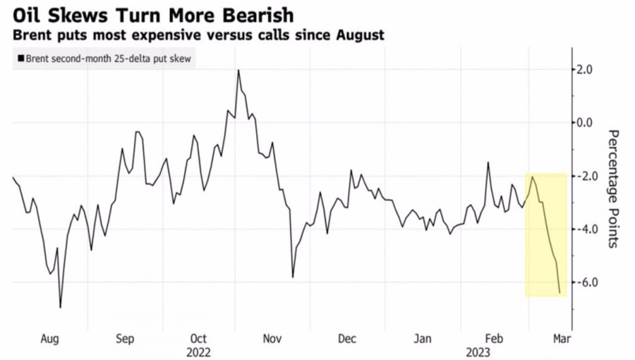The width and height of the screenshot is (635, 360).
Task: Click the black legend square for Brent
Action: point(20,59)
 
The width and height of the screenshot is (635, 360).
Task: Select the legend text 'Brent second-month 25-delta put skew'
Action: point(107,59)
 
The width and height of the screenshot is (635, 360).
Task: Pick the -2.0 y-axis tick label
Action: point(588,176)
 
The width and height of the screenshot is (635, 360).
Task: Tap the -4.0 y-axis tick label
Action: point(588,229)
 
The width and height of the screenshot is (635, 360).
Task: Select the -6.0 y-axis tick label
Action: point(588,282)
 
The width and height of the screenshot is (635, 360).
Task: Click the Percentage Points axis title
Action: point(613,188)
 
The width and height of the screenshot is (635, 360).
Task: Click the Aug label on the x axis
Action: point(49,339)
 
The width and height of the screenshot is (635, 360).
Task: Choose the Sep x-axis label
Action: point(125,339)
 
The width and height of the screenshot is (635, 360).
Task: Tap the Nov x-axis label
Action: point(273,339)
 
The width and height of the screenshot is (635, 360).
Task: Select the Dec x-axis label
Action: point(347,339)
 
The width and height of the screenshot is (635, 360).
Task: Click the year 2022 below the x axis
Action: point(200,351)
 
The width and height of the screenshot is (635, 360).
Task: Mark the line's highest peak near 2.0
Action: point(238,70)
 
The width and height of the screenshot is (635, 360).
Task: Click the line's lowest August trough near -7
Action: point(60,307)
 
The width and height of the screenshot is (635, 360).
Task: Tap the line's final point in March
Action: point(560,292)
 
